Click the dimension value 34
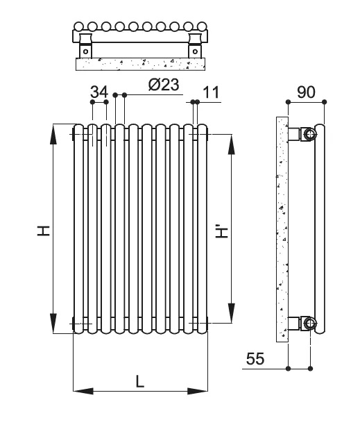click(x=99, y=91)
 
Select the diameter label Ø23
click(x=164, y=85)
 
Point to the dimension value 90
click(x=306, y=91)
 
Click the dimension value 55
click(x=257, y=358)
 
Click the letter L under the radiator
click(x=140, y=381)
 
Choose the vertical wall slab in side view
click(x=281, y=229)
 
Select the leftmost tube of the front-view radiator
click(x=78, y=229)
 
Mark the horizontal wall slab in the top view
click(x=141, y=63)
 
